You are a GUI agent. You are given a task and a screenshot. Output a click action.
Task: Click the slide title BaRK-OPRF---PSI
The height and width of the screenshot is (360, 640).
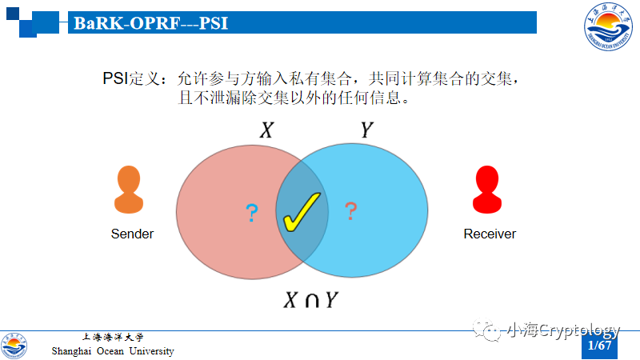(x=150, y=23)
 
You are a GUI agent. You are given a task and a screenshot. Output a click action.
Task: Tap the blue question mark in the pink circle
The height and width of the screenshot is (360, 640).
(x=252, y=213)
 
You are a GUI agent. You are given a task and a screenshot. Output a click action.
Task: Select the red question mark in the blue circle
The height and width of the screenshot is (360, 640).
(x=350, y=211)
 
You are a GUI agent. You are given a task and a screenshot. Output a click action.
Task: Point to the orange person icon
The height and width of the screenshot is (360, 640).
(x=129, y=190)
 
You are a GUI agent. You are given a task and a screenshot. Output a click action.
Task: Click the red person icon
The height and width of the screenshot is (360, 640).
(x=487, y=190)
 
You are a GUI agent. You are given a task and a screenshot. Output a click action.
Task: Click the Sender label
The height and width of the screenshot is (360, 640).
(x=132, y=234)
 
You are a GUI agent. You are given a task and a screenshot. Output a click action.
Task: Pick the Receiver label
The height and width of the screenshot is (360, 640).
(x=490, y=234)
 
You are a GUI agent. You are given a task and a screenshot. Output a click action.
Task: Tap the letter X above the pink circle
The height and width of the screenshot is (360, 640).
(x=266, y=130)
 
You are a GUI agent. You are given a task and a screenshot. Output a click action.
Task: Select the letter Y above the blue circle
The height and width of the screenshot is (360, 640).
(x=366, y=130)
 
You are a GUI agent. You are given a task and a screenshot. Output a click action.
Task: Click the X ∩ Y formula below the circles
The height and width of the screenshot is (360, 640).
(x=310, y=300)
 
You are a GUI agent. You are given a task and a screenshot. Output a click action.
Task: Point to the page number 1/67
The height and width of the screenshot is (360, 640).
(x=599, y=346)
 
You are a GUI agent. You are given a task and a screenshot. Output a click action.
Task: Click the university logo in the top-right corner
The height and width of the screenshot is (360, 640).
(x=608, y=26)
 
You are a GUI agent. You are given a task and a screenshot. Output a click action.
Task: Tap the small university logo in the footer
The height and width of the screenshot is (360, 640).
(x=14, y=346)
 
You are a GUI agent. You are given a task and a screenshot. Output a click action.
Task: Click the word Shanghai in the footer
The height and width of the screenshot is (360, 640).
(x=71, y=351)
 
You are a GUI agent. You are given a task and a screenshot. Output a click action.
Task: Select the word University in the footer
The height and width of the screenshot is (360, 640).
(x=151, y=351)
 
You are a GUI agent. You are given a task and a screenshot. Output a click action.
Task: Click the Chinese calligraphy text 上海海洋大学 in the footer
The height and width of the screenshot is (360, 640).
(x=113, y=337)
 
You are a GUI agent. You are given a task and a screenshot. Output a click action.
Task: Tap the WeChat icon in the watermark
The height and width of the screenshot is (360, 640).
(x=486, y=330)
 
